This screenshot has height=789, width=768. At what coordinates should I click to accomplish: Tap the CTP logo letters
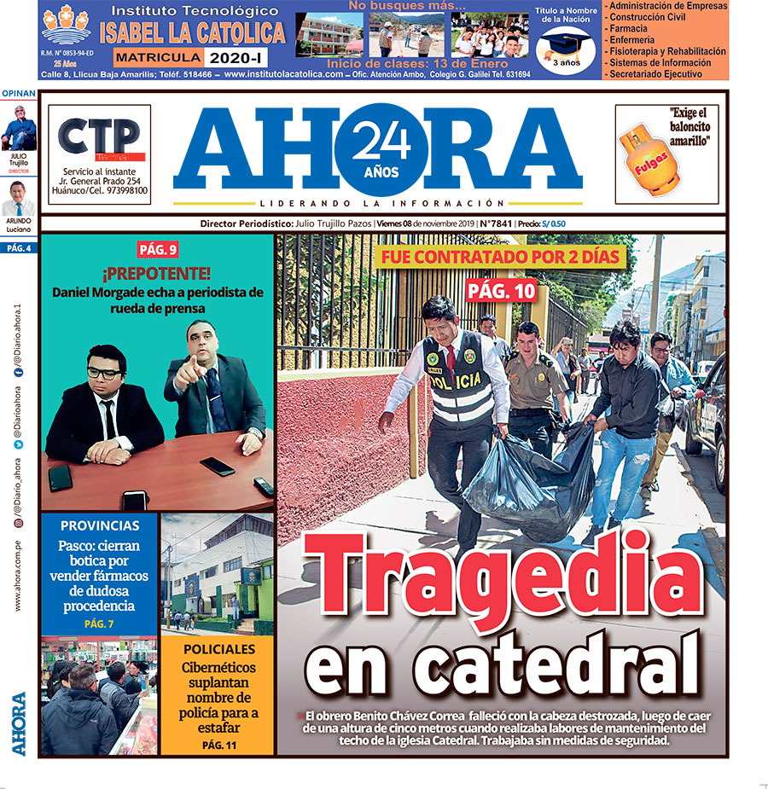[99, 136]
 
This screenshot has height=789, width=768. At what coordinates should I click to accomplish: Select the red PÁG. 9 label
[158, 250]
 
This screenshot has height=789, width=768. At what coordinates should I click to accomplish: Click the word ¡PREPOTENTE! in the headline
[157, 275]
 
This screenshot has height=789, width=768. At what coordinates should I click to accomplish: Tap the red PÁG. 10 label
[501, 291]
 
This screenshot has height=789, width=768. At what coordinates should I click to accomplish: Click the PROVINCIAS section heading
[100, 526]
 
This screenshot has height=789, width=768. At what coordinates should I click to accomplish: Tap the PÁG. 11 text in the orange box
[218, 745]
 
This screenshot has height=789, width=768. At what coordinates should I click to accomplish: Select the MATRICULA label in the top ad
[159, 57]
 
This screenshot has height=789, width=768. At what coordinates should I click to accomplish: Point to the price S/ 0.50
[558, 224]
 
